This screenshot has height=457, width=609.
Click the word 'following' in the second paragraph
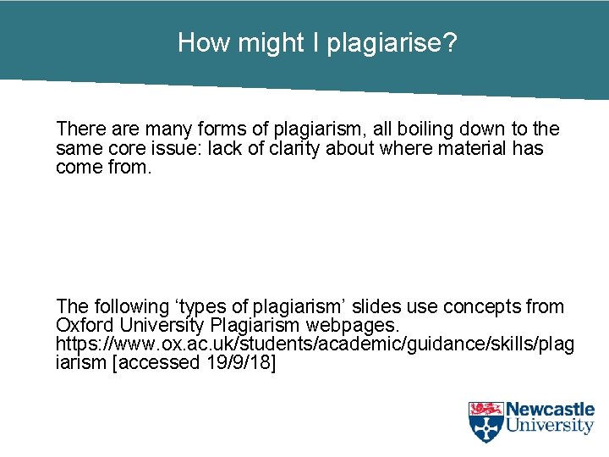pos(131,307)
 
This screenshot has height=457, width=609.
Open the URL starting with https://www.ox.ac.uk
pos(314,345)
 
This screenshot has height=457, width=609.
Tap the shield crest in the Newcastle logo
pos(486,421)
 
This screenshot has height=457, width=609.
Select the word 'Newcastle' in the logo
pos(551,410)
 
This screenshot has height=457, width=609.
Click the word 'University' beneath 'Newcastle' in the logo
pos(551,426)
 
